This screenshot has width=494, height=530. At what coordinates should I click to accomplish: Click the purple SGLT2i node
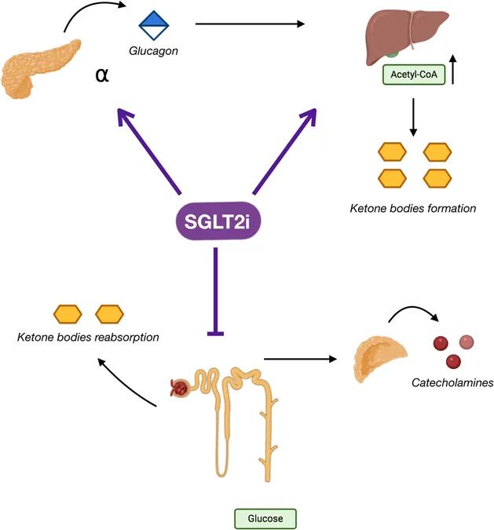[218, 221]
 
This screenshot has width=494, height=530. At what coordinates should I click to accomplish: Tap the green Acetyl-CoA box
[414, 75]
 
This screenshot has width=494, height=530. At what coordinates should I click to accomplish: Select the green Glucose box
[265, 518]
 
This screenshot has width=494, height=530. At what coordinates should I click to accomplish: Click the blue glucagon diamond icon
[154, 25]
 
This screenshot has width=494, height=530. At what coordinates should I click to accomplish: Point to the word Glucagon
[153, 51]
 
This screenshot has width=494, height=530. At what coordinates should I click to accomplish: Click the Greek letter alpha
[102, 75]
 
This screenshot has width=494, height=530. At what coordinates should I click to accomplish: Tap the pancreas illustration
[41, 69]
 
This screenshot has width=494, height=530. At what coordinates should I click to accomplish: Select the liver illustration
[407, 36]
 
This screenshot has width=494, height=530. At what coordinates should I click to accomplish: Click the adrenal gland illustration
[379, 358]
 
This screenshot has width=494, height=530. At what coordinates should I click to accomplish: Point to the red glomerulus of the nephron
[179, 388]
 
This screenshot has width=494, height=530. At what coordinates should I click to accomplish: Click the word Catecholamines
[452, 383]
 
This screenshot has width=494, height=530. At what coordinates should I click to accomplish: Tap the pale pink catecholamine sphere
[467, 342]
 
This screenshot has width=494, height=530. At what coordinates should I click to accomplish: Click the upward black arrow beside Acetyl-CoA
[453, 69]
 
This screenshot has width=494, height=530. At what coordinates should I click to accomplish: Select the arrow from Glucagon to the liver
[251, 24]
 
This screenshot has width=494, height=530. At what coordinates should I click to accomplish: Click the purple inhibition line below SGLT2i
[215, 291]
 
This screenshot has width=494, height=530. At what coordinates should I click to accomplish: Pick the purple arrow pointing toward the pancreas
[149, 152]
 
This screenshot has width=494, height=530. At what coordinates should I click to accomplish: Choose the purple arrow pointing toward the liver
[285, 152]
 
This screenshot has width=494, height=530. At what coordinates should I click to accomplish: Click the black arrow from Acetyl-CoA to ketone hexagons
[413, 117]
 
